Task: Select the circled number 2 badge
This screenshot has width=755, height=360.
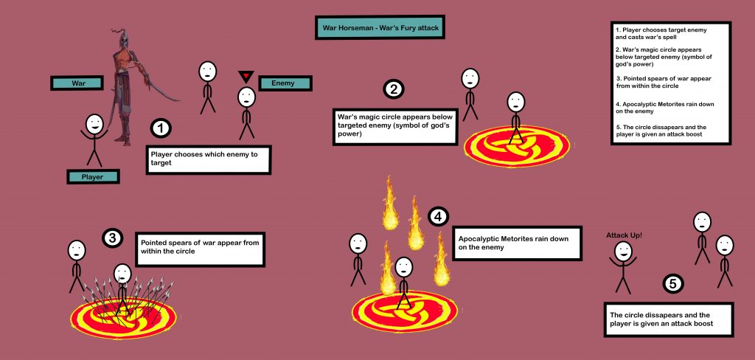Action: click(394, 89)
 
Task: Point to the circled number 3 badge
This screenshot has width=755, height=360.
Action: click(112, 238)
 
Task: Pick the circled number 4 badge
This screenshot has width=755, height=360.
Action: click(438, 217)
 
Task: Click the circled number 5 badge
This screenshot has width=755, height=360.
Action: click(673, 283)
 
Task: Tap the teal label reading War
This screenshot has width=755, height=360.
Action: click(77, 83)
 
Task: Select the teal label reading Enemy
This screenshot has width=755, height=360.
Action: click(283, 83)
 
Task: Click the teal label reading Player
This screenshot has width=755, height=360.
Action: click(93, 177)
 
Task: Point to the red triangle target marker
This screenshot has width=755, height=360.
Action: click(246, 76)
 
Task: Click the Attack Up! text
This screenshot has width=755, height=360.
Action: click(624, 235)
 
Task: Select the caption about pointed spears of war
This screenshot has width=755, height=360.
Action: click(200, 251)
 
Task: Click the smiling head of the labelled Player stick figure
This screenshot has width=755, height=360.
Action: click(94, 124)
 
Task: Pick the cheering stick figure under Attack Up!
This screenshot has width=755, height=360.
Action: click(624, 266)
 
